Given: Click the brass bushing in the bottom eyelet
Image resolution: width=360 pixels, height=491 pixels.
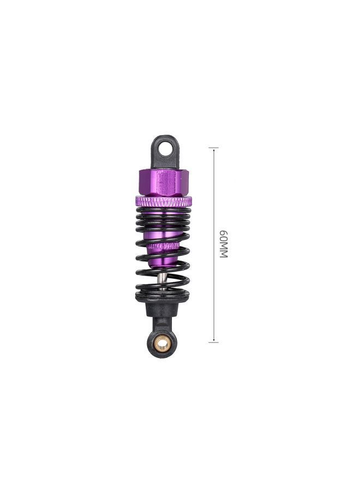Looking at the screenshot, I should (x=163, y=343).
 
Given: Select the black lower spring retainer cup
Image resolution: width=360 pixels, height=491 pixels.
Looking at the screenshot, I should (x=163, y=299).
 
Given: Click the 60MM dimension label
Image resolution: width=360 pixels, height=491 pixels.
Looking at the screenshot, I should (x=223, y=244).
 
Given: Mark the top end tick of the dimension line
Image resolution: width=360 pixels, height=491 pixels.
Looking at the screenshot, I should (x=213, y=148).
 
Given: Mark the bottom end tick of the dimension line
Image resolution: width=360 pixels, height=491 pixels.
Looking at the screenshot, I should (x=213, y=342).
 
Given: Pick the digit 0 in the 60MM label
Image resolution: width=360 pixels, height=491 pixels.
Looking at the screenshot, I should (x=223, y=239).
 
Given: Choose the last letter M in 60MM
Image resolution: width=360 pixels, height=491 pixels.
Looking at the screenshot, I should (x=223, y=254).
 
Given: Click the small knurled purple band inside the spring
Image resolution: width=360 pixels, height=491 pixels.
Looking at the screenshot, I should (x=163, y=247).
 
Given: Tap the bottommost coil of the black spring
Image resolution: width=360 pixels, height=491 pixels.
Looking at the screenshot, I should (x=163, y=293).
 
